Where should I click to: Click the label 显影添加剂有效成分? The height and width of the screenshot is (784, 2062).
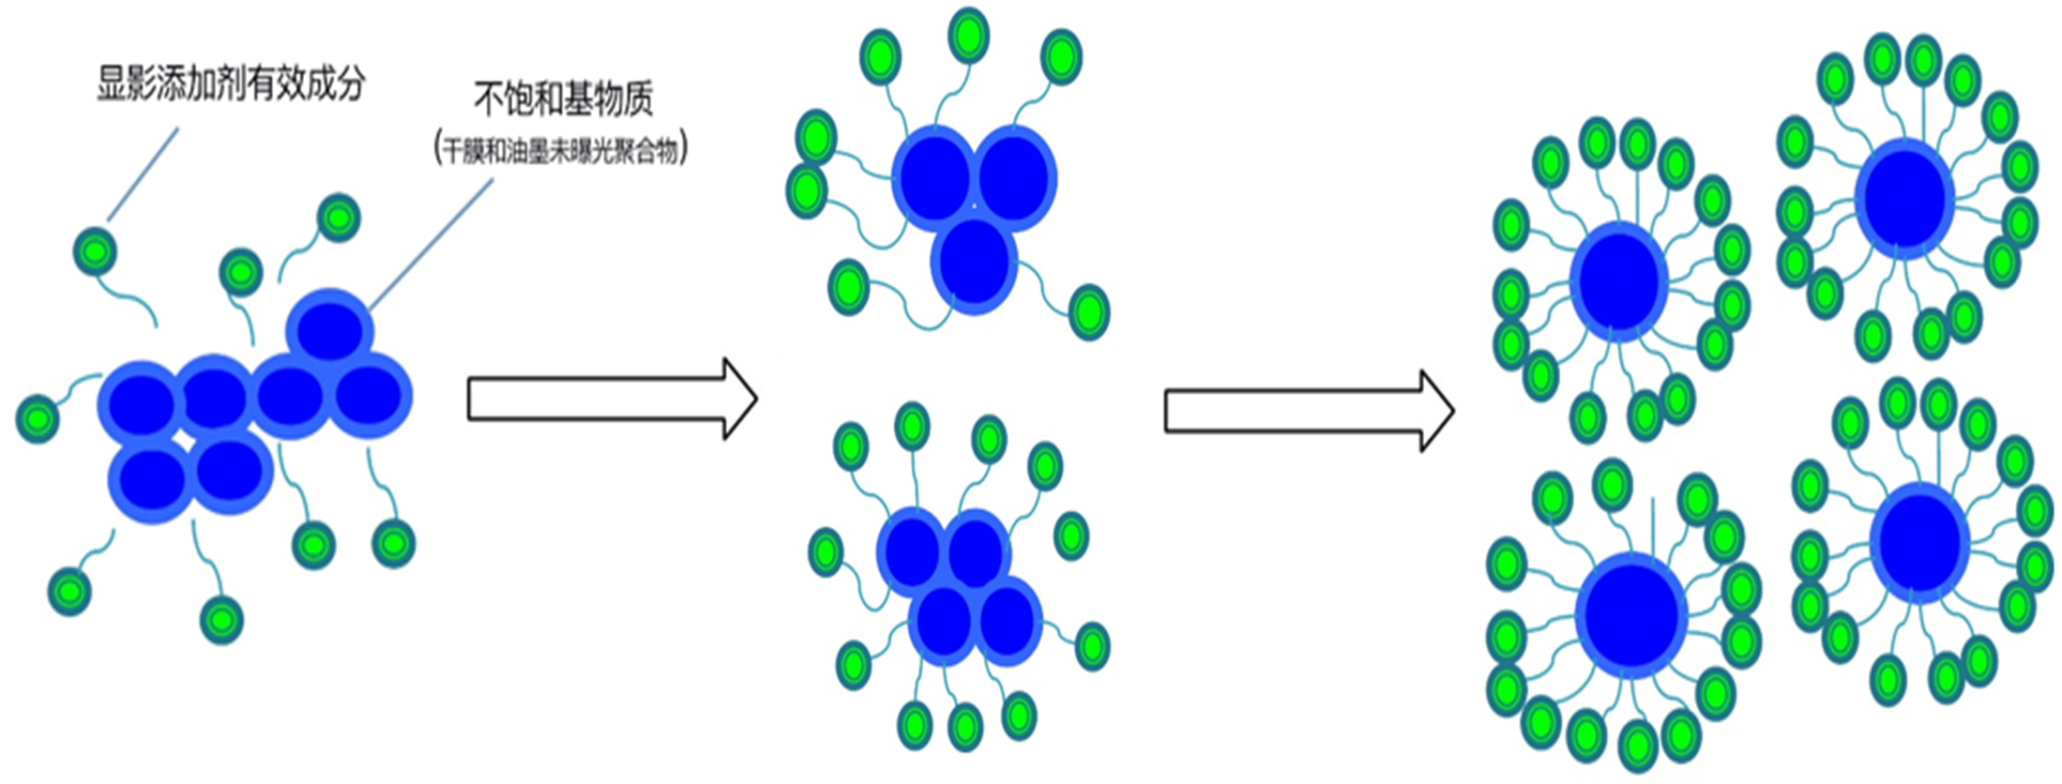[x=231, y=84]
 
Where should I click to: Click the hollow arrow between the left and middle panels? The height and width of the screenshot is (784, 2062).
[x=612, y=399]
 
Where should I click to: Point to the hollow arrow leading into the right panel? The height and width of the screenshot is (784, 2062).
[x=1309, y=411]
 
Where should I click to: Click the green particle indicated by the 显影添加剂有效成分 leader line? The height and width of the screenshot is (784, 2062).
[x=95, y=251]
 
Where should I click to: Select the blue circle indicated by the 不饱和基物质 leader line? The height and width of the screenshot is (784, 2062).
[x=330, y=328]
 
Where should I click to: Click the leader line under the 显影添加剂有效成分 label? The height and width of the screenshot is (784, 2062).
[x=143, y=175]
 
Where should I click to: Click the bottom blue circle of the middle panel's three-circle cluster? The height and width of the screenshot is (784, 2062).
[x=975, y=263]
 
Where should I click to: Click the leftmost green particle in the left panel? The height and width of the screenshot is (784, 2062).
[x=38, y=417]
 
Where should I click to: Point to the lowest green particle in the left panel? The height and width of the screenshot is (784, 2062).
[x=221, y=620]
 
